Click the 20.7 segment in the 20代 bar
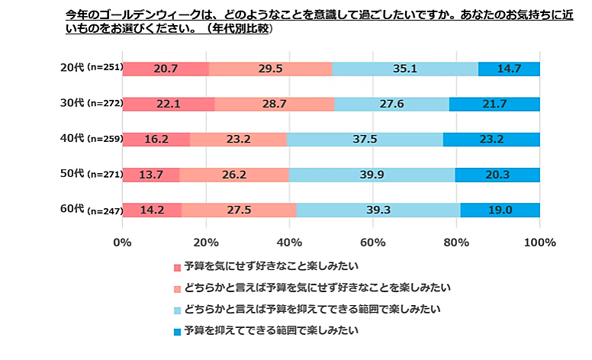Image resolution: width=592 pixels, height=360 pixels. (x=165, y=69)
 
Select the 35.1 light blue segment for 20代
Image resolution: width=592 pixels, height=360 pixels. (x=405, y=69)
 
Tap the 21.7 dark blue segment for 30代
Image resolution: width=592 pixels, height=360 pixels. (x=494, y=103)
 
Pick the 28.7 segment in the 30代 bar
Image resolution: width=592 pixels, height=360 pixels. (x=275, y=103)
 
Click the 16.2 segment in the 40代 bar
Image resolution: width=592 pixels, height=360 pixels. (x=156, y=139)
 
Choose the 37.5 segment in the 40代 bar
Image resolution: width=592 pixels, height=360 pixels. (x=365, y=139)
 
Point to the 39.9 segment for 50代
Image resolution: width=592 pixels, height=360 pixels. (x=372, y=174)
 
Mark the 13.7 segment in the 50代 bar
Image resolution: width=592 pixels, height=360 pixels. (x=150, y=174)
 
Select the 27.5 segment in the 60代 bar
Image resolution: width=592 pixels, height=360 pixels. (x=240, y=210)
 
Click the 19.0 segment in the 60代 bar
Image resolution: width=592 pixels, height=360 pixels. (x=500, y=210)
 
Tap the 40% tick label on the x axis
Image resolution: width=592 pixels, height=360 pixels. (x=289, y=243)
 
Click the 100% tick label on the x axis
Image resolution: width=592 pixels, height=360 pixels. (x=539, y=243)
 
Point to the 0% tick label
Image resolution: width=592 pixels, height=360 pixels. (x=122, y=243)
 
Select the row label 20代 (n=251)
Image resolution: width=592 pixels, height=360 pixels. (x=89, y=69)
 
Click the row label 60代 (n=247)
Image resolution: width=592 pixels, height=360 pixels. (x=89, y=210)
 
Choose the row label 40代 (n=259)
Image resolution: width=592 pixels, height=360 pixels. (x=89, y=139)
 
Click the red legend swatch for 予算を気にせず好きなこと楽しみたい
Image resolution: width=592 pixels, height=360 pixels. (x=178, y=267)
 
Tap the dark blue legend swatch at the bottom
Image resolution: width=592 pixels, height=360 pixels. (x=178, y=332)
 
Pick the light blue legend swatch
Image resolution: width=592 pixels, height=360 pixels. (x=178, y=310)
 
